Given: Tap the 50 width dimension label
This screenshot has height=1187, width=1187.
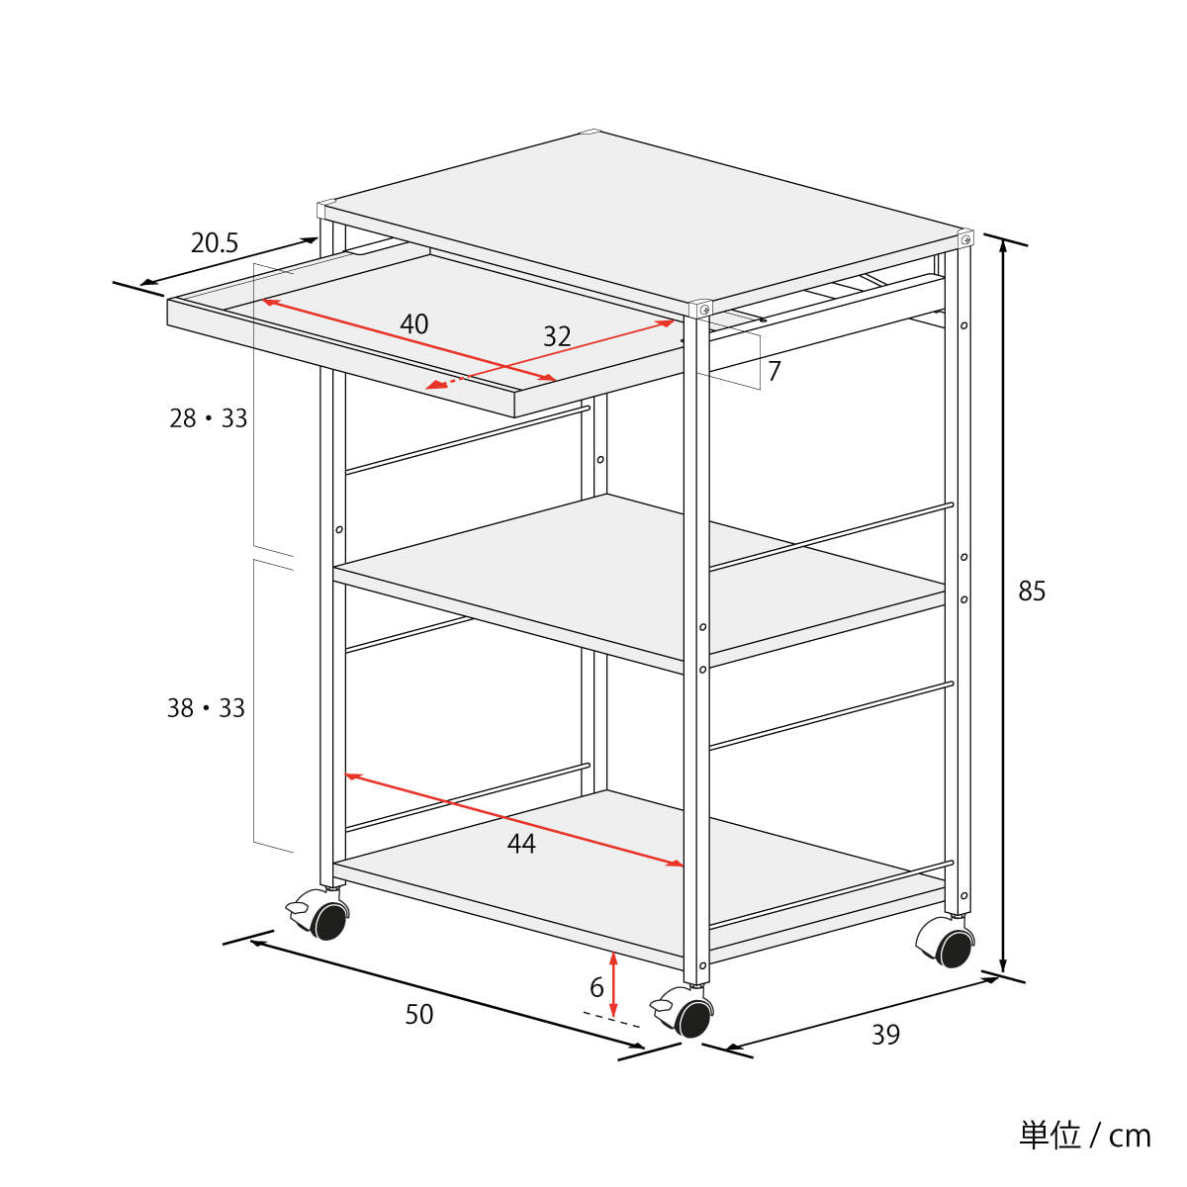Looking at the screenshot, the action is pos(418,1014).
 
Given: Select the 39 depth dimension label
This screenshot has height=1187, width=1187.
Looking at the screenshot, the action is pos(885,1035).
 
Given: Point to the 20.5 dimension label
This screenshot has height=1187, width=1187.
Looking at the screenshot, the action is pos(214,242).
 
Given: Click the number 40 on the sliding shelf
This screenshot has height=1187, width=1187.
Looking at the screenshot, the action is pos(413,324).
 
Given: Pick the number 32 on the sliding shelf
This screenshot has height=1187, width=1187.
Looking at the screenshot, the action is pos(557,336).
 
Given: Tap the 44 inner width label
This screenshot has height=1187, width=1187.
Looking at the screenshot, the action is pos(521,844).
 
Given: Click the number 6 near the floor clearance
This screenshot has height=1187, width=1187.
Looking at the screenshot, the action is pos(596,987).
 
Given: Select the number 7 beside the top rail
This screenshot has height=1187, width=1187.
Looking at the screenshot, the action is pos(775,371).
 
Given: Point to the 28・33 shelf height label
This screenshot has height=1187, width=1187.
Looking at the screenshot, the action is pos(208,418).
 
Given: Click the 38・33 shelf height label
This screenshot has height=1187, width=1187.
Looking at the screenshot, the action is pos(206,708).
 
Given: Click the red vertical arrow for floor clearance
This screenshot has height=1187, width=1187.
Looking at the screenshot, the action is pos(613,983).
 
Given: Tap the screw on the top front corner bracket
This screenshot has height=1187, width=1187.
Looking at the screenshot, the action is pos(704,310).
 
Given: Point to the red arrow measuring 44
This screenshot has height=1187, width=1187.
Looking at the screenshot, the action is pos(514,820).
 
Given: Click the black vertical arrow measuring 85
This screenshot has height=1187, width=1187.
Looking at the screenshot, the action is pos(1002,606).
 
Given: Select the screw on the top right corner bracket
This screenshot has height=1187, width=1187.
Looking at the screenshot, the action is pos(965,238).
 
